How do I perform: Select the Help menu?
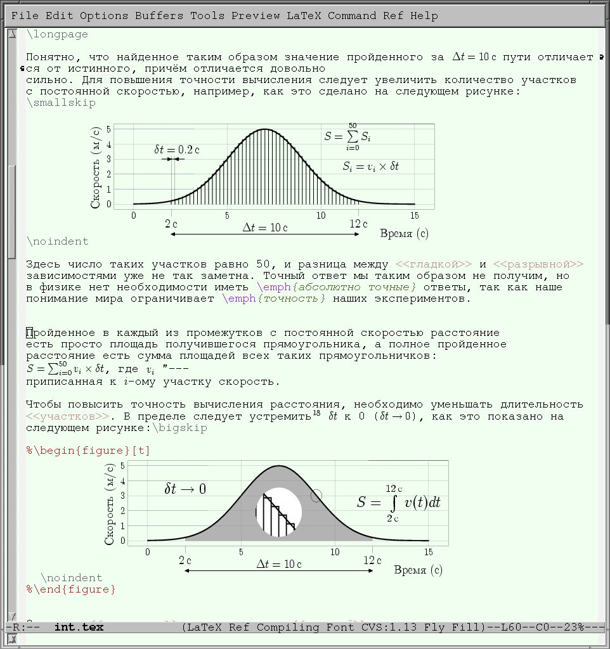click(424, 16)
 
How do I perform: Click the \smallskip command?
click(61, 103)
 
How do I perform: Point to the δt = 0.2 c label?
click(177, 150)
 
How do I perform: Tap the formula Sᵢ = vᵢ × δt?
click(370, 167)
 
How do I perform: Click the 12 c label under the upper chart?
click(358, 224)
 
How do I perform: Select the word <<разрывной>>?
click(538, 264)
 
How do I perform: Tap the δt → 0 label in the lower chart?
click(185, 489)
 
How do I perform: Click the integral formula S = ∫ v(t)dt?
click(398, 503)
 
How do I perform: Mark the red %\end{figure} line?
click(71, 589)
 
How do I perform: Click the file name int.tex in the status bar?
click(79, 627)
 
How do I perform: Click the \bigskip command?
click(179, 428)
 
